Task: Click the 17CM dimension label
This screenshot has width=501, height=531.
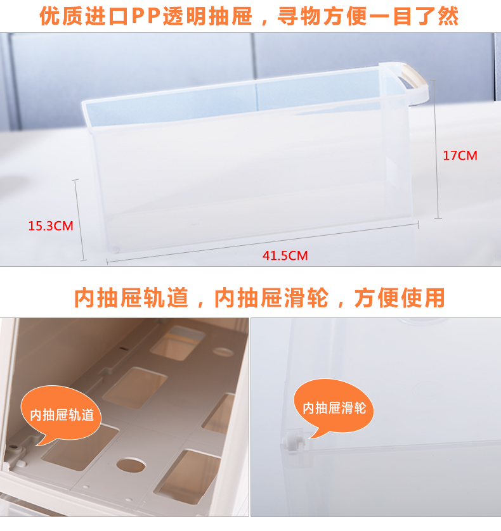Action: tap(460, 155)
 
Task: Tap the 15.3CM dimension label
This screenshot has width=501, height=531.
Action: tap(51, 226)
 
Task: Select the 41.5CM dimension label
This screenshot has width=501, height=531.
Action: tap(285, 255)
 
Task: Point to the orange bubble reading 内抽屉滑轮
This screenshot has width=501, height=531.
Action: tap(334, 407)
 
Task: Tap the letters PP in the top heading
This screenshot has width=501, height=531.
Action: tap(146, 16)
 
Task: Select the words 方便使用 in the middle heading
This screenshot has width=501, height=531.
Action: tap(400, 298)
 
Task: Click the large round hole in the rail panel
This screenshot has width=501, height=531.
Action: tap(131, 465)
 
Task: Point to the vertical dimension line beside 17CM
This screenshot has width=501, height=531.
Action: tap(436, 149)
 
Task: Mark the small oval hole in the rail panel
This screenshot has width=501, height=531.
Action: tap(223, 352)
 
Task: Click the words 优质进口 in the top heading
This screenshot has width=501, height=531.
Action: tap(84, 16)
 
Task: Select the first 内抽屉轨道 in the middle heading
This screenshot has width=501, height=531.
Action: tap(131, 298)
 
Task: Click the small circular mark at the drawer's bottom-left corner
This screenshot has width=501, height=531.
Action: tap(116, 250)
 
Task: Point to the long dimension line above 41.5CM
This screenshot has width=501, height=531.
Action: tap(263, 242)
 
